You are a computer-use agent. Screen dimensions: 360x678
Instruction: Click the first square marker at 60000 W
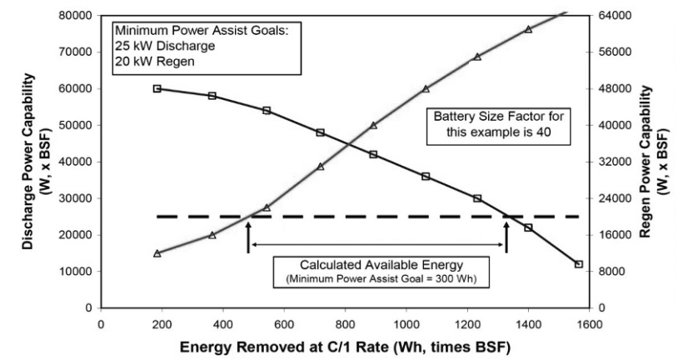pyautogui.click(x=157, y=88)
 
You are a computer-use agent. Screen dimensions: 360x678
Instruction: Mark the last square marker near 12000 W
pyautogui.click(x=579, y=264)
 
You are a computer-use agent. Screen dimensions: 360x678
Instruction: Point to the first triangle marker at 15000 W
pyautogui.click(x=157, y=253)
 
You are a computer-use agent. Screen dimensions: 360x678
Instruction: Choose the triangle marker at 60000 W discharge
pyautogui.click(x=426, y=88)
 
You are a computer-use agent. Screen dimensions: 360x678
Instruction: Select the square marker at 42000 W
pyautogui.click(x=373, y=154)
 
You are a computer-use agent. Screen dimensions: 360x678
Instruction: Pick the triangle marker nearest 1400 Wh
pyautogui.click(x=528, y=29)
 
